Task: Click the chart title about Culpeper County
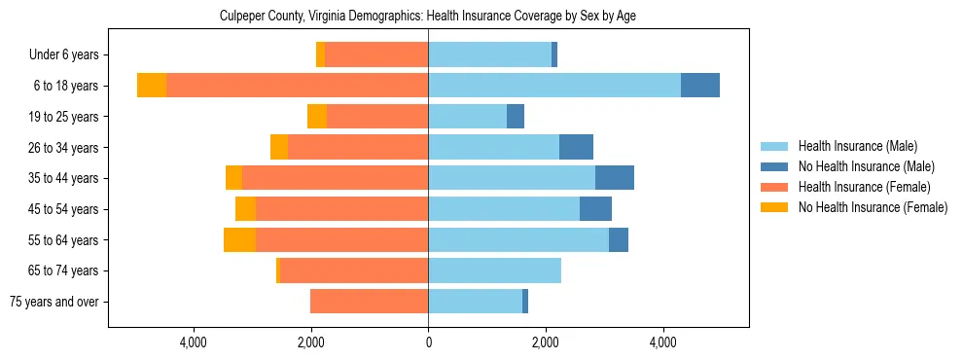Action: (x=428, y=17)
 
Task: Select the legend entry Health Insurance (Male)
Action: (x=857, y=146)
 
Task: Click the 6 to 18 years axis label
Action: (x=66, y=86)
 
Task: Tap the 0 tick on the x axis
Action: (x=428, y=342)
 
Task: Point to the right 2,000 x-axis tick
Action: (x=546, y=342)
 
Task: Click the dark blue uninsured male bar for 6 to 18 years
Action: (x=700, y=86)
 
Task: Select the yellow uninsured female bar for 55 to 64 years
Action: (x=239, y=239)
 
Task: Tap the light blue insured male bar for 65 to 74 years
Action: (x=494, y=270)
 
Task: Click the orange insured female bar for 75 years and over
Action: (x=370, y=302)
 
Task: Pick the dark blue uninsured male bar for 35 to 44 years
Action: (x=615, y=178)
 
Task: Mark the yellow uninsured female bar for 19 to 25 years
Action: (x=317, y=117)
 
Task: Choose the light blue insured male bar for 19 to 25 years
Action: (x=468, y=117)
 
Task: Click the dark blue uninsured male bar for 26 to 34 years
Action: (x=576, y=147)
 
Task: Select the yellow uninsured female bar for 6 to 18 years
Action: (x=152, y=86)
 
